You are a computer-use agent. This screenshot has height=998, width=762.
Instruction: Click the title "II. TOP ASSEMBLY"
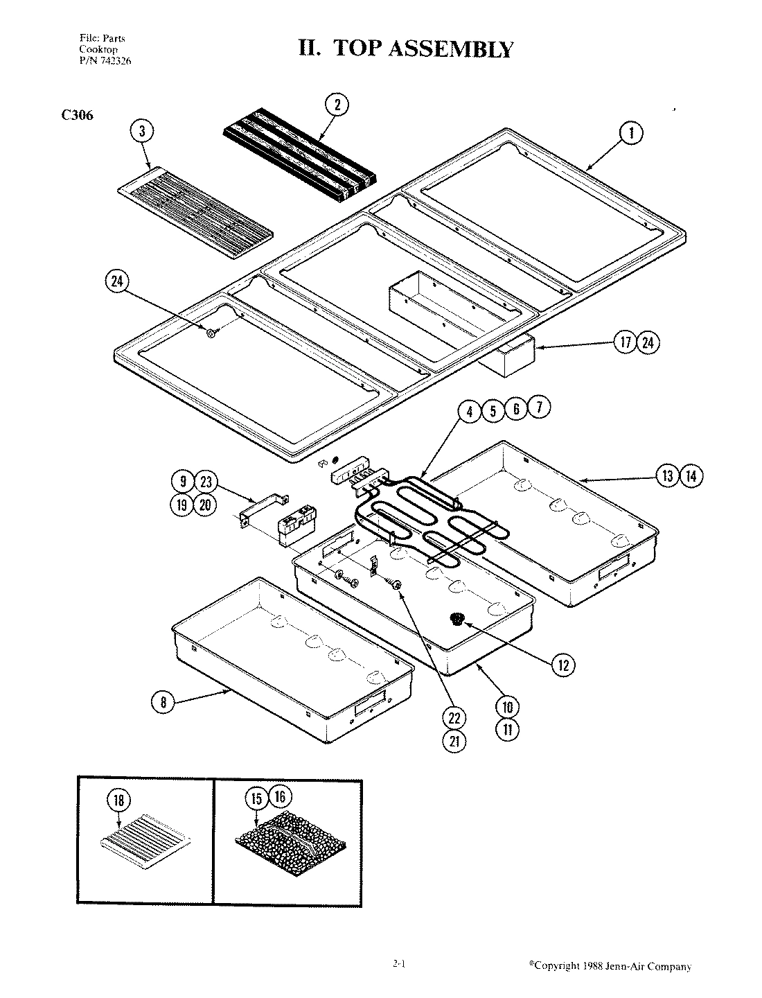click(405, 49)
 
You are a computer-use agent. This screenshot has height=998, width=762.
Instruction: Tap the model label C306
click(77, 116)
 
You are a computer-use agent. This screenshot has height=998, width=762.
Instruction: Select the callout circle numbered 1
click(630, 133)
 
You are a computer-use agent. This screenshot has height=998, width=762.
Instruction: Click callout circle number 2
click(337, 105)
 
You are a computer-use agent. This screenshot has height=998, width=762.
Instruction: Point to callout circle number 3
click(142, 131)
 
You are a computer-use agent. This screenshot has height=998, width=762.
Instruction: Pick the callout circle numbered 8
click(163, 702)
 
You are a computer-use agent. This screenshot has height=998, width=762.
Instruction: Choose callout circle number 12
click(562, 665)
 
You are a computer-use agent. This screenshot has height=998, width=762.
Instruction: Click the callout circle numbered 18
click(118, 800)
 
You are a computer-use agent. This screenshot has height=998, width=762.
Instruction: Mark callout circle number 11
click(506, 729)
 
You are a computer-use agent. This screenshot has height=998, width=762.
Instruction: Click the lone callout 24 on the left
click(116, 281)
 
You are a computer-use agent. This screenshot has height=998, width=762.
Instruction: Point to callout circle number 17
click(626, 342)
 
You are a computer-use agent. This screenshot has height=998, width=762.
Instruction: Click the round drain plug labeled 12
click(457, 619)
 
